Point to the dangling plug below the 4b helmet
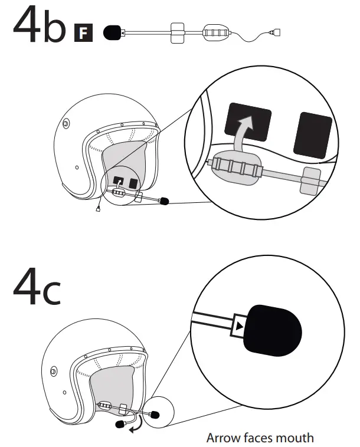97,209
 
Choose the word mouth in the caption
296,438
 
